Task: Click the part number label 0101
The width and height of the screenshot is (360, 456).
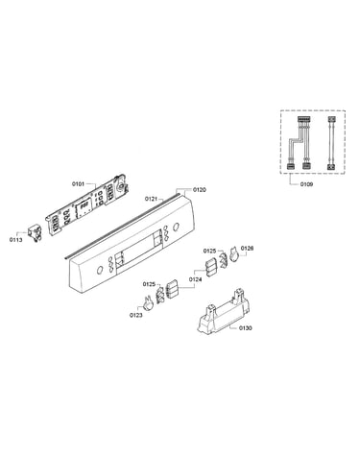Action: [x=78, y=183]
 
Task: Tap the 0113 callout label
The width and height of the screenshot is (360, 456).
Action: [x=15, y=240]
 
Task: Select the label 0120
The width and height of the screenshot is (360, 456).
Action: [x=200, y=190]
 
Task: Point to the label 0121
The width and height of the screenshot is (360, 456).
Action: [x=152, y=199]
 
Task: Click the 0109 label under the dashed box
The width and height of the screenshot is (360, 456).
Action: [x=306, y=184]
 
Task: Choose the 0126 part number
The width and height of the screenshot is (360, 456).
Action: [x=247, y=248]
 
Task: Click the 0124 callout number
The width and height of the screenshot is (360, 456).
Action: [x=195, y=279]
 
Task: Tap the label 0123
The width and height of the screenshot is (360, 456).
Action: [x=136, y=315]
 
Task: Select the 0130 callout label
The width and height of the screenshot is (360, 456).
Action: [x=245, y=328]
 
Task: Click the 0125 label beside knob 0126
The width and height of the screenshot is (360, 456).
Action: [x=209, y=251]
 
